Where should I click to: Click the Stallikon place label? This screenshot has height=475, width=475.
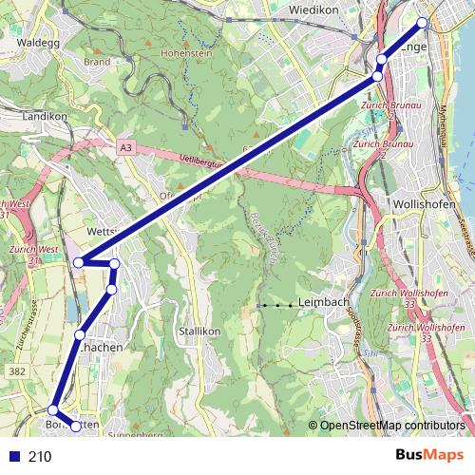coord(199,332)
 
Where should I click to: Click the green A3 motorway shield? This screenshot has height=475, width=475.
coord(126,147)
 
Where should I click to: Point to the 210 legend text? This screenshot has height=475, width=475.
coord(40,457)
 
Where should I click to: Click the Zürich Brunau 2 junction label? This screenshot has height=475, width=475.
coord(373,148)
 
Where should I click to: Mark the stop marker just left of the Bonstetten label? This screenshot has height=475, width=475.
coord(53,410)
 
